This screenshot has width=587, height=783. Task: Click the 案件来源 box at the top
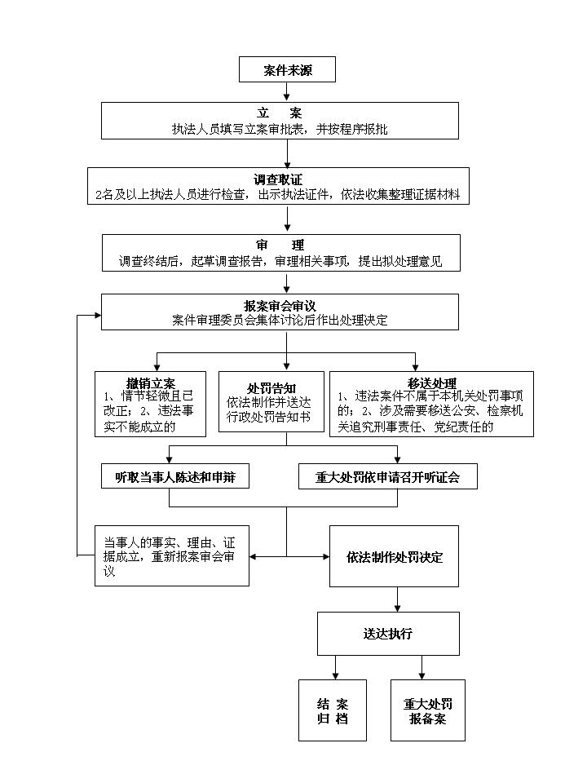287,70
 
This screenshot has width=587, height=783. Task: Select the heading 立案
285,113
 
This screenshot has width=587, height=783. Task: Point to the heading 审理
280,246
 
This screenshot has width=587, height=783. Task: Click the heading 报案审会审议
285,305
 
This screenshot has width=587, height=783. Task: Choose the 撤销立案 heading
151,383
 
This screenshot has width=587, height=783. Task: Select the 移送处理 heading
432,383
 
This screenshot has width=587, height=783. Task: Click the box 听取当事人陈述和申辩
175,477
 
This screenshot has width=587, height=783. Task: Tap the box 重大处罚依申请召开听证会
387,477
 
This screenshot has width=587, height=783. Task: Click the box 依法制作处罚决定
394,558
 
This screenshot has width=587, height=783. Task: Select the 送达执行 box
387,633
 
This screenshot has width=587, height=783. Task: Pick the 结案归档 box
333,710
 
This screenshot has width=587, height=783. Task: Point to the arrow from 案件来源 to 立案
287,92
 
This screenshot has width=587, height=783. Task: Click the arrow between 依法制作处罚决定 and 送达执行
397,599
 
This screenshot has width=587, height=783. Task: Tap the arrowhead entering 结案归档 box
334,674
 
